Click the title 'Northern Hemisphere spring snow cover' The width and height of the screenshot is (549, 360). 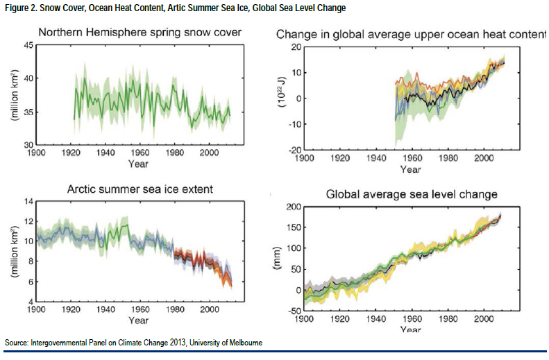point(140,32)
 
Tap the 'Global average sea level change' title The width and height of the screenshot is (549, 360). point(412,194)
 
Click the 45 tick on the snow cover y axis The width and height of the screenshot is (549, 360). point(30,45)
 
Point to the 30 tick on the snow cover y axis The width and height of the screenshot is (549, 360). point(30,144)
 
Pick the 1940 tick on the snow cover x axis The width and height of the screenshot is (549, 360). point(105,153)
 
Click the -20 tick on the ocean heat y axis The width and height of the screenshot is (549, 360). point(294,150)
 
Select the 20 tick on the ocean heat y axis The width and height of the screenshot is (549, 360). point(294,46)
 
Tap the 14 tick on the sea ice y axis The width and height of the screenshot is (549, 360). point(30,201)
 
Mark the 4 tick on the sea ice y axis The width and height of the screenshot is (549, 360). point(32,302)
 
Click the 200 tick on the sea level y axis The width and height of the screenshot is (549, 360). point(292,207)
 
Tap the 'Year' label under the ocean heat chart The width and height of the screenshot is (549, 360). point(410,169)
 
